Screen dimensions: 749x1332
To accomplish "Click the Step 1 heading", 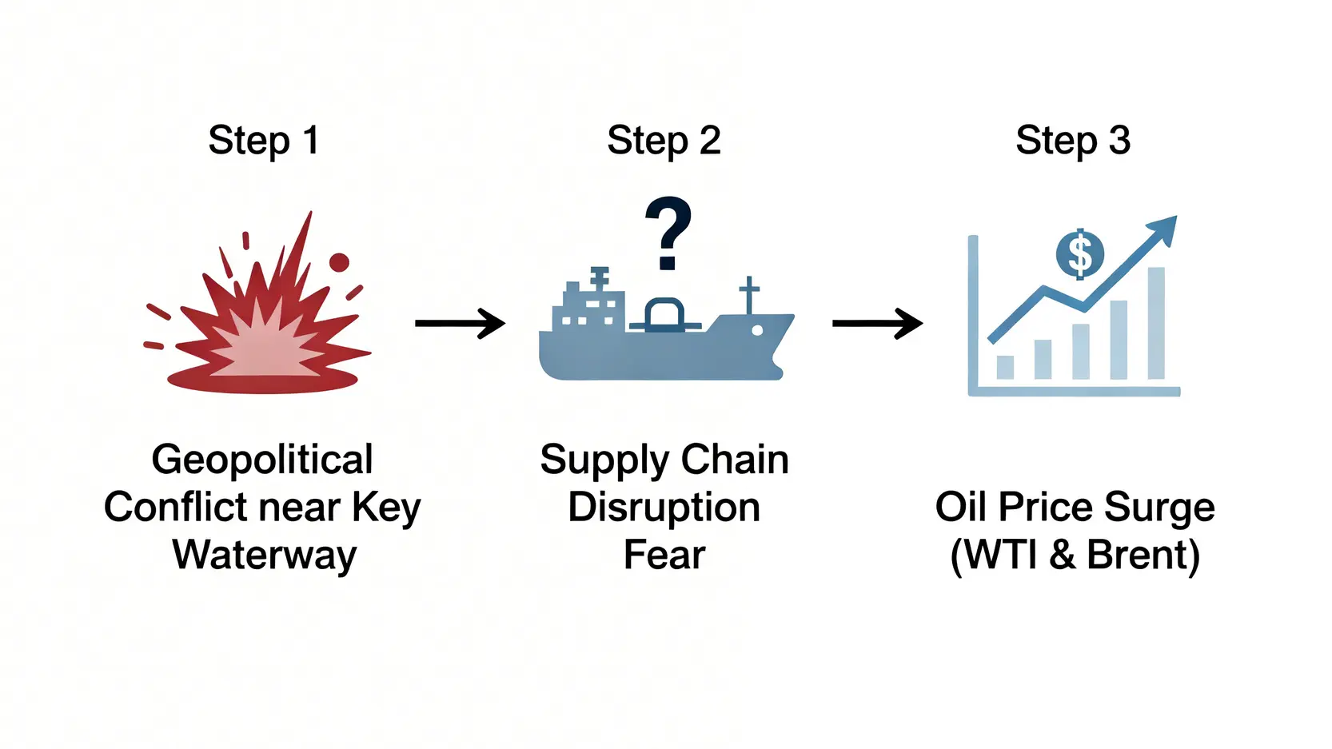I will (263, 141).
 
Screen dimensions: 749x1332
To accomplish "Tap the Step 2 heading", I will (664, 141).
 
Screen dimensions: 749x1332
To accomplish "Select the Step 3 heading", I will (1073, 141).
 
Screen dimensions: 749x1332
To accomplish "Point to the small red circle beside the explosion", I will (339, 262).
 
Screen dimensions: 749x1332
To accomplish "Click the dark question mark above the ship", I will (668, 233).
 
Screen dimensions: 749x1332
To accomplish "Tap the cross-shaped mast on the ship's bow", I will (748, 294).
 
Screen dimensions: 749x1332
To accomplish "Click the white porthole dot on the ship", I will (757, 330).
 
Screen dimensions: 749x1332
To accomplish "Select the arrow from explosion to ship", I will (460, 323).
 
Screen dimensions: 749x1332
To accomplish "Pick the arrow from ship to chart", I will (877, 323).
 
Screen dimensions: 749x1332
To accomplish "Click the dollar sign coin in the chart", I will (1080, 254).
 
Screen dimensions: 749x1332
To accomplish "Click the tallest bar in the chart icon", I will (1156, 323).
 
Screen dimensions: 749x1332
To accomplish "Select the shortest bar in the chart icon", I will (1005, 367).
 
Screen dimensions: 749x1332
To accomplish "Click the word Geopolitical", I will (262, 460).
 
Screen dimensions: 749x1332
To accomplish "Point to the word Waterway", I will (264, 555).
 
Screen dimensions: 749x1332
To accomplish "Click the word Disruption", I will (664, 508).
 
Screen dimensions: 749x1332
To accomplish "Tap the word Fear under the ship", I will (664, 555).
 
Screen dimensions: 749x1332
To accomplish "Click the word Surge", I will (1159, 508).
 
